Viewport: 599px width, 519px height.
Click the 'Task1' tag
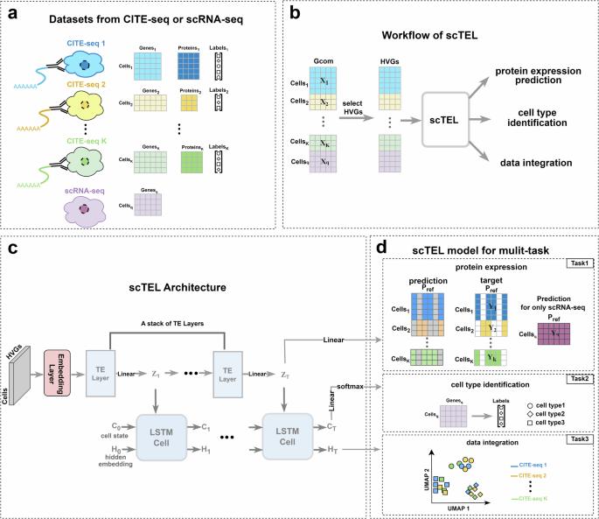(579, 262)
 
